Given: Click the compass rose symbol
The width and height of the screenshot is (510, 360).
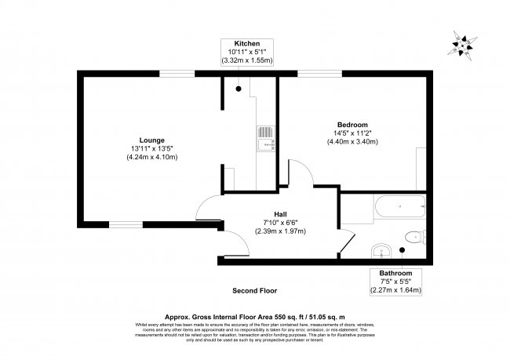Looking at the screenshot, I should tap(464, 42).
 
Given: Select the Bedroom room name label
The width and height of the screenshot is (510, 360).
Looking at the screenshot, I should tap(352, 125).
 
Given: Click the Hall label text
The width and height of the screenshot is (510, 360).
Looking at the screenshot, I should tap(279, 213).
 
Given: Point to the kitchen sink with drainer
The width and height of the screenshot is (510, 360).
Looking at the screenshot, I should tap(266, 139).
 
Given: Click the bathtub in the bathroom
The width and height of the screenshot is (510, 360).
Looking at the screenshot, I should tap(399, 207).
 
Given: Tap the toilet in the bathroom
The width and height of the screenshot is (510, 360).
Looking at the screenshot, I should tap(415, 236).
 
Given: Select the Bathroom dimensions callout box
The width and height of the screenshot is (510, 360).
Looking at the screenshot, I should tap(396, 282).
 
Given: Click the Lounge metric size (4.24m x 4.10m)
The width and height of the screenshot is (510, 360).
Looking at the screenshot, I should tap(151, 158).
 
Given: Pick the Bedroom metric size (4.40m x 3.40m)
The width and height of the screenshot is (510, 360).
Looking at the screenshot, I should tap(352, 142).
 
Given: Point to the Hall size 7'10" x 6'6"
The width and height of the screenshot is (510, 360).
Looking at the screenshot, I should tap(279, 223).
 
